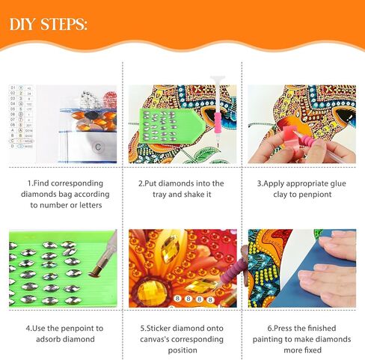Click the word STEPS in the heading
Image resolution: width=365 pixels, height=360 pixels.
click(64, 24)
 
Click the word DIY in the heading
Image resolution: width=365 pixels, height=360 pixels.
click(22, 24)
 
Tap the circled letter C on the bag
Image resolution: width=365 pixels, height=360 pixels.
click(98, 147)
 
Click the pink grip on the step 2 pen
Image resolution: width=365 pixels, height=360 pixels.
click(218, 123)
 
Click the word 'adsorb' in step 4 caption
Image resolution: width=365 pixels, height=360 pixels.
click(49, 339)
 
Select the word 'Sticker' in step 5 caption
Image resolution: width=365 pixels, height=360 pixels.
click(159, 329)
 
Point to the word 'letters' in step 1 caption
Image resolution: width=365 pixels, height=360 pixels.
click(91, 205)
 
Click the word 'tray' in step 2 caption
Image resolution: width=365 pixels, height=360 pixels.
click(159, 195)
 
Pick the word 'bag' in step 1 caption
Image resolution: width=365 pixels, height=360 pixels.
click(65, 195)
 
